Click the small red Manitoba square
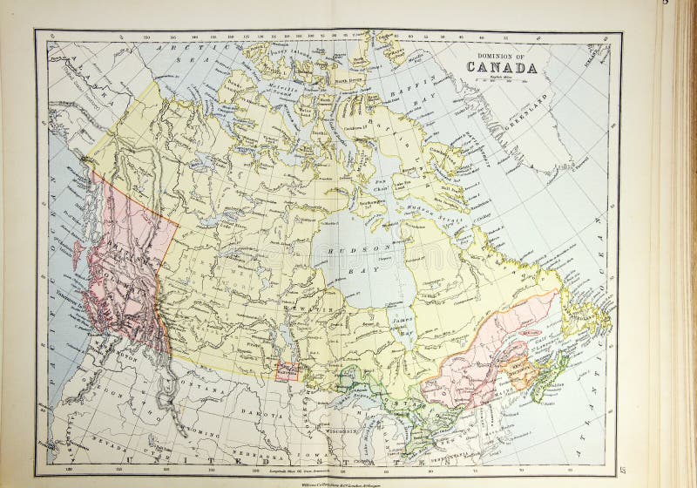click(x=287, y=370)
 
